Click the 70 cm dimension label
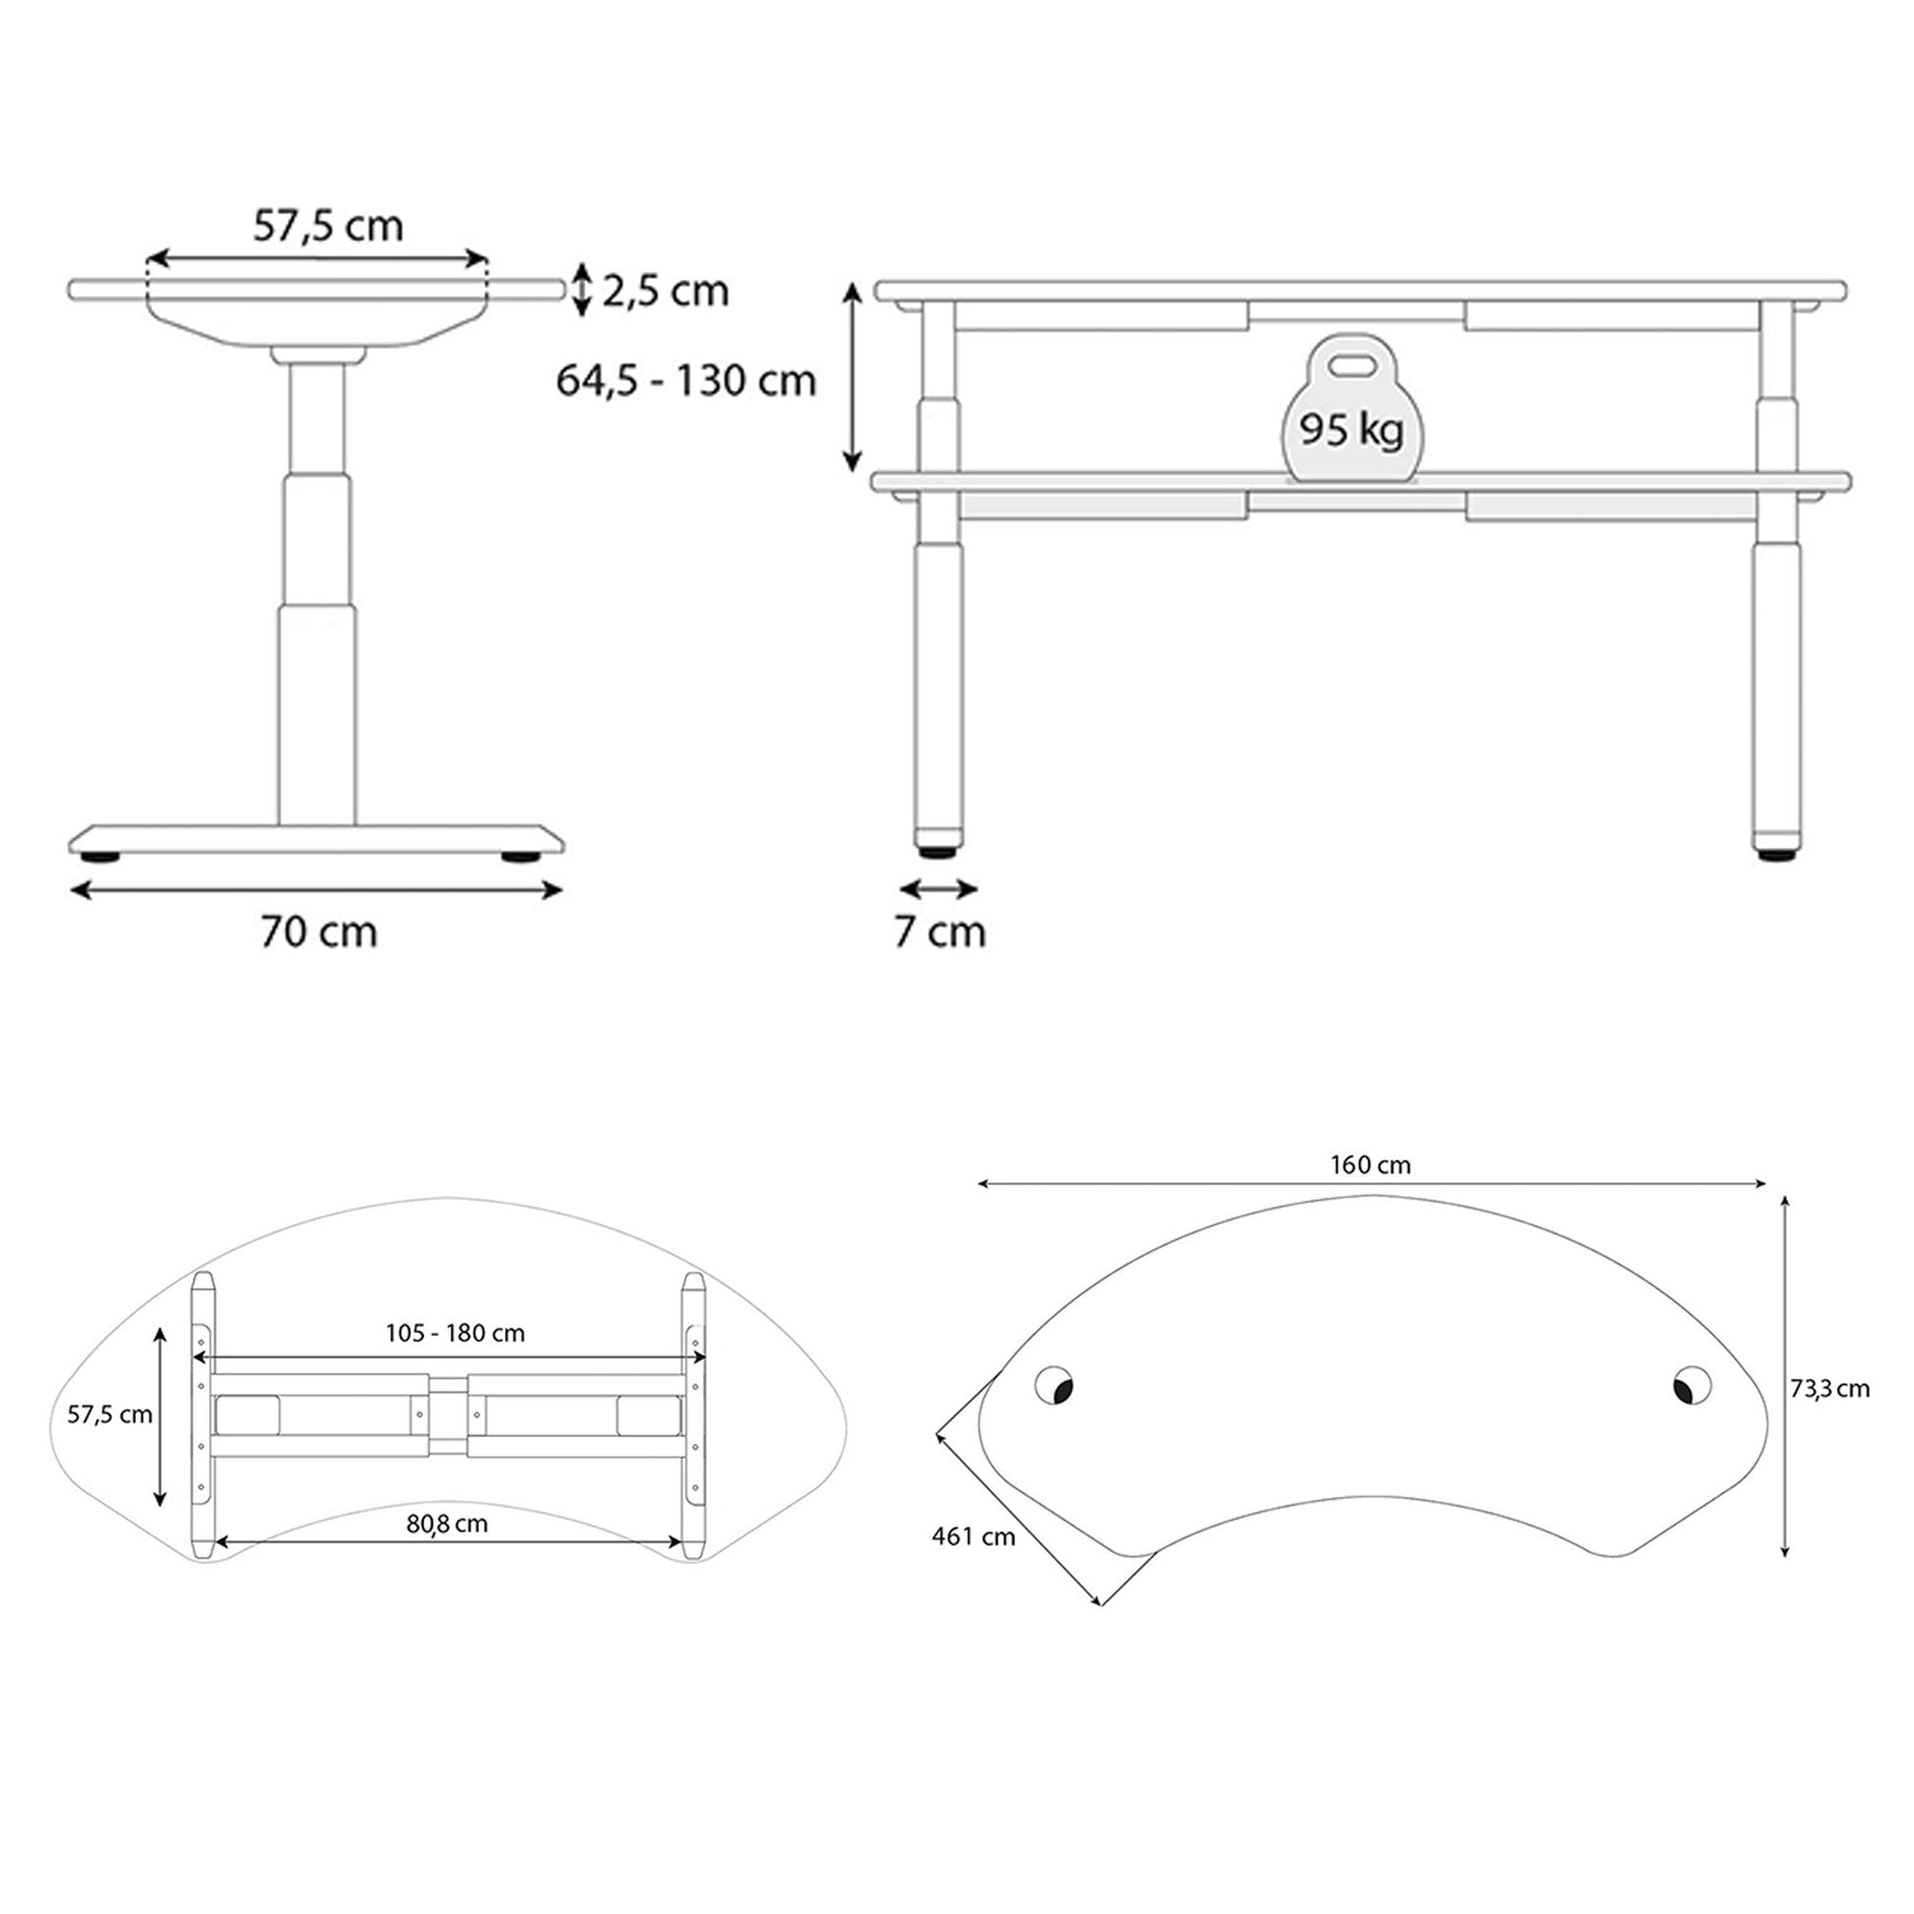319,932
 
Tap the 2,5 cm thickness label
666,291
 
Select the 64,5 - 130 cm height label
686,381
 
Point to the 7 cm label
940,932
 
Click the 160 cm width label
1370,1166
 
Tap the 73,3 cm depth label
1829,1389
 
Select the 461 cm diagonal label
973,1536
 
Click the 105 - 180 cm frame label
454,1334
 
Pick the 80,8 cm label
447,1524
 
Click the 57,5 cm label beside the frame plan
109,1414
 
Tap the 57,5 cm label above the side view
328,227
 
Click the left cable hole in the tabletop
1055,1386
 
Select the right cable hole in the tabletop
1691,1385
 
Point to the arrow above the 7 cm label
939,889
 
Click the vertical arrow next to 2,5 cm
582,289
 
